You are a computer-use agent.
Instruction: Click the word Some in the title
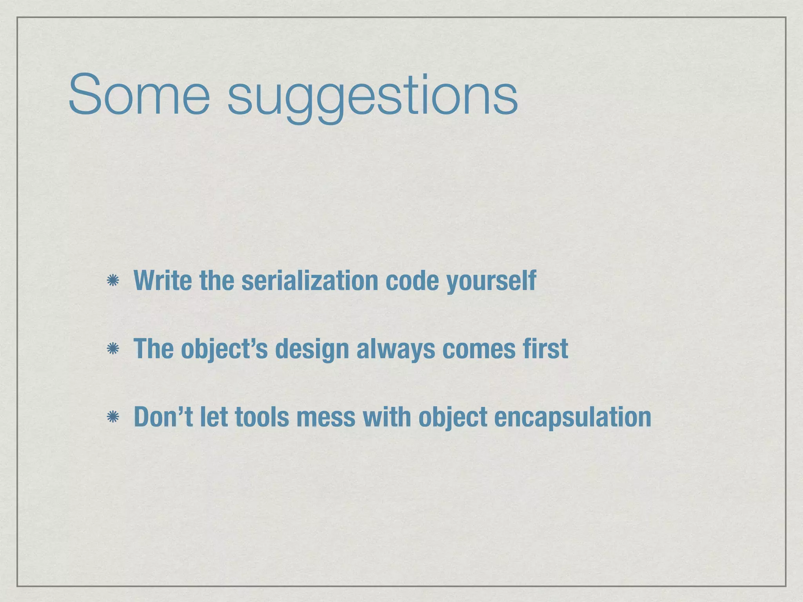pyautogui.click(x=139, y=95)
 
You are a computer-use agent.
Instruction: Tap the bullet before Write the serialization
pyautogui.click(x=113, y=281)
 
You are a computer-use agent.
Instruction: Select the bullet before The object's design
pyautogui.click(x=113, y=348)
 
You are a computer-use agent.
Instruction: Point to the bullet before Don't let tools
pyautogui.click(x=113, y=417)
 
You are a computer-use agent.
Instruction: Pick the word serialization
pyautogui.click(x=310, y=281)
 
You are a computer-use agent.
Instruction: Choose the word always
pyautogui.click(x=395, y=348)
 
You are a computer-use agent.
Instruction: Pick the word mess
pyautogui.click(x=325, y=417)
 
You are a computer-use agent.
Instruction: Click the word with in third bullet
pyautogui.click(x=386, y=417)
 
